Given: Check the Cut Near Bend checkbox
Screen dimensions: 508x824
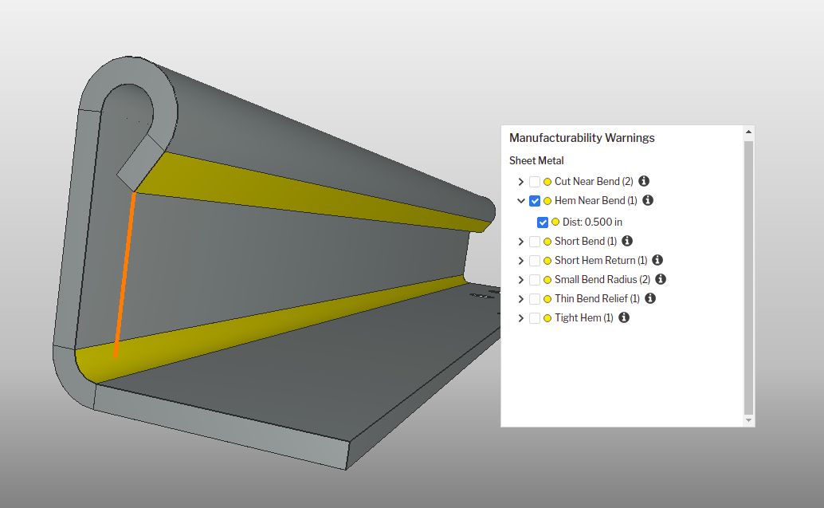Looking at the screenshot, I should [535, 182].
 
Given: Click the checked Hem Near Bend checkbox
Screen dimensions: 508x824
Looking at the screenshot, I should [535, 201].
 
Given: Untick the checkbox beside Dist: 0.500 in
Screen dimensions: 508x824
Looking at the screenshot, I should [543, 222].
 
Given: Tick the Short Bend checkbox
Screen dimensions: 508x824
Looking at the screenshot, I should [535, 242].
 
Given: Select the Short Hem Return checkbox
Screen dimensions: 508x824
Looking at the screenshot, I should [535, 261].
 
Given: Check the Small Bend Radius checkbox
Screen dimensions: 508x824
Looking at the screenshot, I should [535, 280].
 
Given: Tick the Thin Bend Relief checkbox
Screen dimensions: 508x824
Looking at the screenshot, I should [535, 299].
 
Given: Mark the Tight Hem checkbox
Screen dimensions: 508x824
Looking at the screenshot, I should [535, 318].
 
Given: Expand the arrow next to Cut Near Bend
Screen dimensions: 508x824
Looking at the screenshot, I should [521, 182].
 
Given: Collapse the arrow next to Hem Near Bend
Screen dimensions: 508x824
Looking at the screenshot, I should [521, 201].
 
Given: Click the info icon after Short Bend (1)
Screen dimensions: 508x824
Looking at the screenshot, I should [627, 241].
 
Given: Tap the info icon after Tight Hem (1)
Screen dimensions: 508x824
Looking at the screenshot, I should [624, 317].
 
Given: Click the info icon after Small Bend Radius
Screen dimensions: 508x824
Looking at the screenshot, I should [661, 279].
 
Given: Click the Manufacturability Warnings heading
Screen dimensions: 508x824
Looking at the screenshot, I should [582, 138].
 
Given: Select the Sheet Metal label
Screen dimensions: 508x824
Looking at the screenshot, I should [536, 161].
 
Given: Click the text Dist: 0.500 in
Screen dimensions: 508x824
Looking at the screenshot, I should [592, 222].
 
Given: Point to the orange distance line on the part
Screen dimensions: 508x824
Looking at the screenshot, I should [124, 275].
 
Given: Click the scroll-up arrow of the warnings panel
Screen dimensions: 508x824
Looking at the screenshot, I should [747, 132].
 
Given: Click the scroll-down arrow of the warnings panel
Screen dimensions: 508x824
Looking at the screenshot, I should [747, 419].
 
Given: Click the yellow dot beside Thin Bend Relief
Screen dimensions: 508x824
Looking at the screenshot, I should [547, 299].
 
